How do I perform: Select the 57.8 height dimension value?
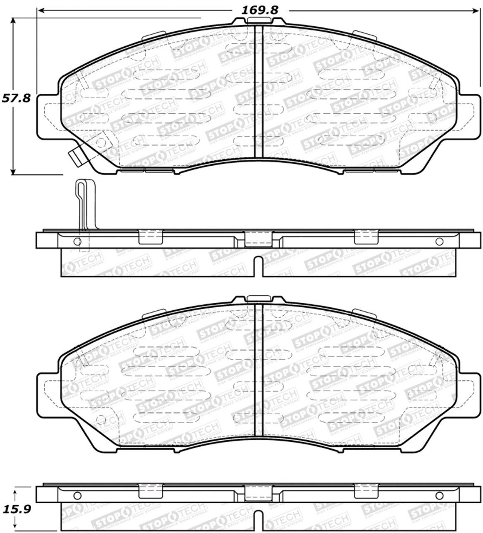[16, 99]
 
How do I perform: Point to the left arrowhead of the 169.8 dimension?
[40, 10]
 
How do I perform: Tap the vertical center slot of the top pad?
[258, 92]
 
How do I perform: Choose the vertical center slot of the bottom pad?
[258, 371]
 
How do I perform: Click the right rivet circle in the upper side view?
[439, 242]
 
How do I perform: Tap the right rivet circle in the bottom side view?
[439, 496]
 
